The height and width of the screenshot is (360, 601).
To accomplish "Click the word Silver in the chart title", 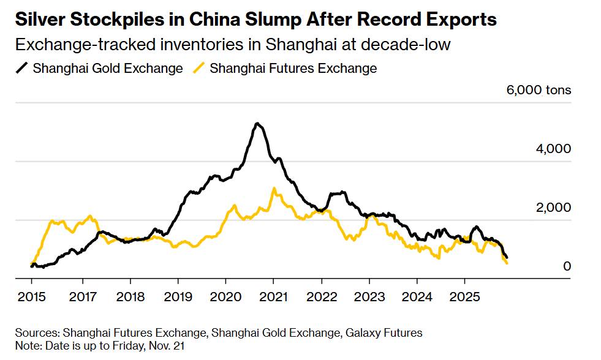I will coord(39,20).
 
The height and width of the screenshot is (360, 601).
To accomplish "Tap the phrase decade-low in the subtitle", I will coord(420,45).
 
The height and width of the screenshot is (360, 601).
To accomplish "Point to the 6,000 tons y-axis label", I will coord(539,90).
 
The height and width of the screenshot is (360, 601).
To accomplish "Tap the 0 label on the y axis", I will coord(567,266).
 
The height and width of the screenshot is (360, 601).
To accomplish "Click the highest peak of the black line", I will coord(258,124).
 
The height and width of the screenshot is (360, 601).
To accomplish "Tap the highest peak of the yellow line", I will coord(274,189).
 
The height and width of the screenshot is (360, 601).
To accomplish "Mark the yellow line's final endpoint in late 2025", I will coord(507,263).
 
